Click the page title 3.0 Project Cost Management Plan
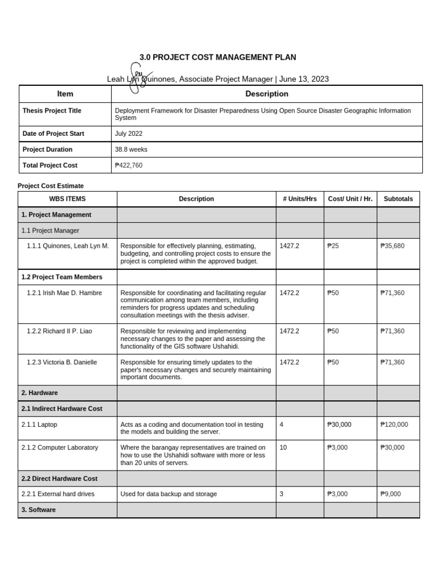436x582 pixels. coord(218,57)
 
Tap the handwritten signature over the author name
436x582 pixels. coord(135,78)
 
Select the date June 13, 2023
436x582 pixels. coord(304,80)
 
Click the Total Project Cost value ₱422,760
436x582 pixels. coord(130,165)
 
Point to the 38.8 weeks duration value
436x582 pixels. coord(131,149)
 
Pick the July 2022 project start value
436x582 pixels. coord(129,134)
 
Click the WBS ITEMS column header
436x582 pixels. coord(68,199)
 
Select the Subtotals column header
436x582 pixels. coord(398,199)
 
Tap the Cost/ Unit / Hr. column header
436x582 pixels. coord(350,199)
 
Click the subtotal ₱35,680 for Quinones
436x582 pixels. coord(392,246)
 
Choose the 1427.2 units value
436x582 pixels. coord(290,246)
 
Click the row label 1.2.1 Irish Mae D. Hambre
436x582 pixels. coord(62,293)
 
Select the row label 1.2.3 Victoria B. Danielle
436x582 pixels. coord(62,363)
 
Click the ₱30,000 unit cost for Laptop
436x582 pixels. coord(339,425)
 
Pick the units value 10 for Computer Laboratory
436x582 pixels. coord(283,448)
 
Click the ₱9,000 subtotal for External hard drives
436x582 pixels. coord(391,494)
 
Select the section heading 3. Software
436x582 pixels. coord(39,510)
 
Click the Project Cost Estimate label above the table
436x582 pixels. coord(51,186)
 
